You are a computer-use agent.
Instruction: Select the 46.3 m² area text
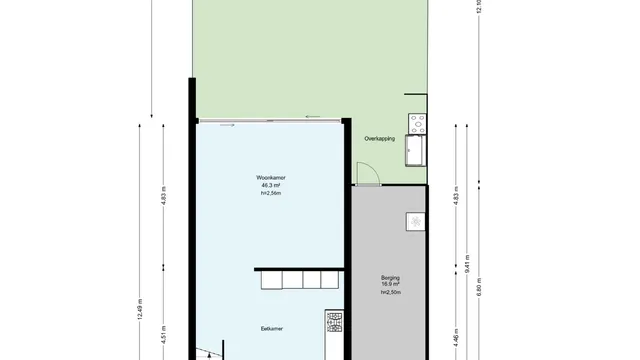click(270, 185)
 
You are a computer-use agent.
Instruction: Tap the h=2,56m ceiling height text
click(271, 194)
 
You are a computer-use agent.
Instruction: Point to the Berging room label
click(391, 277)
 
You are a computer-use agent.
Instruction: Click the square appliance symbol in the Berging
click(414, 221)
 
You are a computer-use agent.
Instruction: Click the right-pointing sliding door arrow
click(228, 125)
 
